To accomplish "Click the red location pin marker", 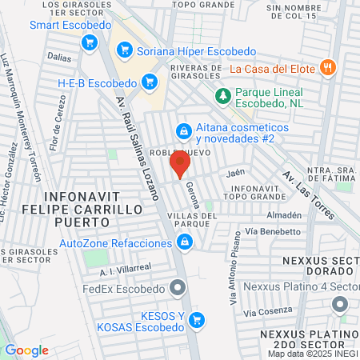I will [x=179, y=165].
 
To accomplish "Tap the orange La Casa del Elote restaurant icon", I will [x=326, y=68].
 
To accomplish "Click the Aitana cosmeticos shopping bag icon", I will [x=184, y=129].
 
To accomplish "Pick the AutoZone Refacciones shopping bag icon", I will [x=185, y=243].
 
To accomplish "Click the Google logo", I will [x=26, y=350].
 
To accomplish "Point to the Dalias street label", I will [x=58, y=58].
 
